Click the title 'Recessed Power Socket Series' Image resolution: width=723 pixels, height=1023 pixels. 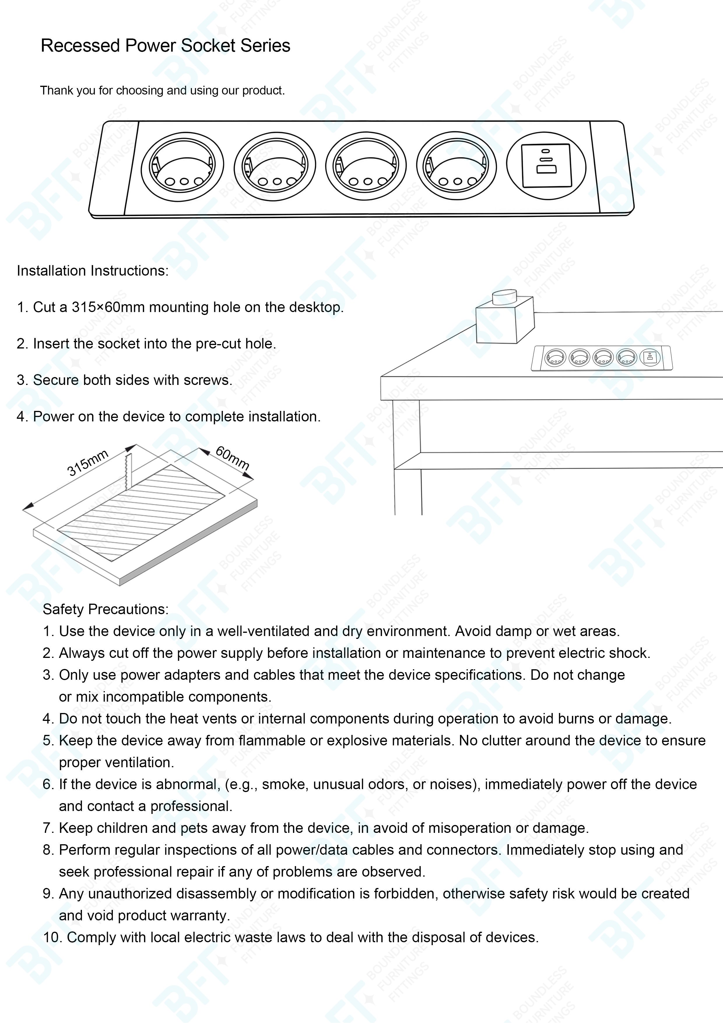[165, 46]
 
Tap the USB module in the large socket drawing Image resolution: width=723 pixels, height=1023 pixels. [546, 166]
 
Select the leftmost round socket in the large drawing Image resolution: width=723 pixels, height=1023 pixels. [182, 167]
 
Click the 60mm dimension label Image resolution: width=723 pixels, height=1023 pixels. [232, 458]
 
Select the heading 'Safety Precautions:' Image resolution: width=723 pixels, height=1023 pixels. [106, 609]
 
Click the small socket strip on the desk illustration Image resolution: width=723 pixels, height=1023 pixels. [602, 358]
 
